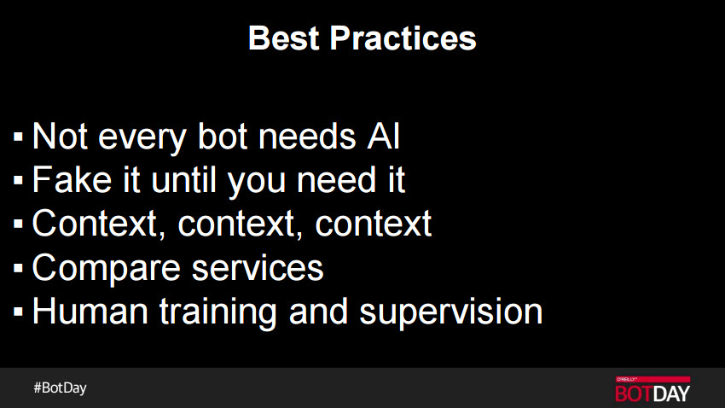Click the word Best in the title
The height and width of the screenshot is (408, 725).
click(283, 38)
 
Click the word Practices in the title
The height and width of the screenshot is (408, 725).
click(403, 38)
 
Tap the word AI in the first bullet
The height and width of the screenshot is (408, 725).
click(383, 137)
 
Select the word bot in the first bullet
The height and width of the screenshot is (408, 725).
click(223, 137)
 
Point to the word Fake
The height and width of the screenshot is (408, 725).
click(72, 180)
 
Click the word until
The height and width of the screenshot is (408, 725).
click(184, 180)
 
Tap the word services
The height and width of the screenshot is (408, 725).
click(258, 268)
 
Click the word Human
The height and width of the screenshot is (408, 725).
click(90, 312)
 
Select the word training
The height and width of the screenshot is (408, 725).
click(218, 312)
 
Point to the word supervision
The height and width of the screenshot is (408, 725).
click(451, 312)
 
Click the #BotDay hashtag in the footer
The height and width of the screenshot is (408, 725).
click(60, 388)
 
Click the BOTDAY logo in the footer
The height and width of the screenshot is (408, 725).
click(652, 389)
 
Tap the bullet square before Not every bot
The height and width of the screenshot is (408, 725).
click(18, 137)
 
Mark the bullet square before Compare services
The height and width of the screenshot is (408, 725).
click(18, 268)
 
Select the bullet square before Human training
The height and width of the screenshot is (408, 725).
click(18, 312)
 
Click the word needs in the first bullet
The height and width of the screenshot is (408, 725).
click(307, 137)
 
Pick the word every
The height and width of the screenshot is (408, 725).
click(142, 139)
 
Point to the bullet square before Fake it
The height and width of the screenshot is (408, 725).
click(18, 180)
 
